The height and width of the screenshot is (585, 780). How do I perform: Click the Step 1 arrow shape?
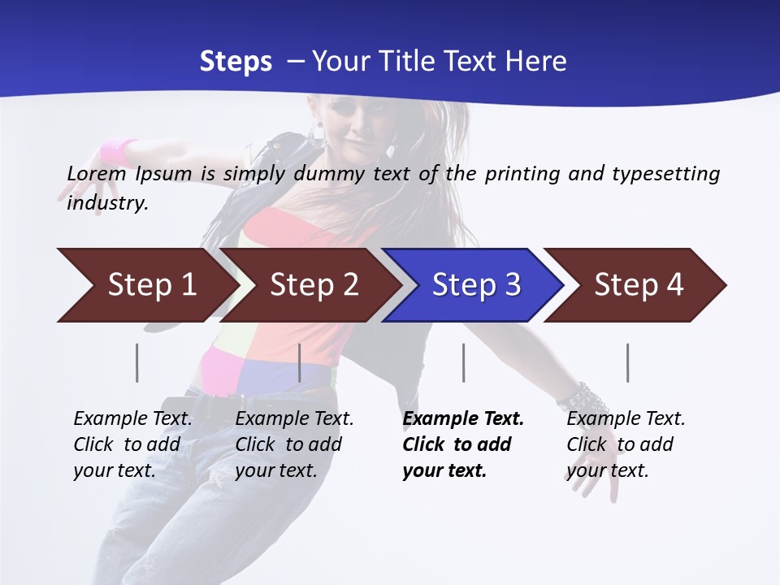[150, 285]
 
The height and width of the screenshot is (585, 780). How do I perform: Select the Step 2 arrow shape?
[313, 285]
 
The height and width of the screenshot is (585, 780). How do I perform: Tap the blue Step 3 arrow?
[475, 285]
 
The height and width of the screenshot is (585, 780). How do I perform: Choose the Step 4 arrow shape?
[638, 285]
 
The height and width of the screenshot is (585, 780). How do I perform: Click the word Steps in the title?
[236, 62]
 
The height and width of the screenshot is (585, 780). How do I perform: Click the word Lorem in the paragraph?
[96, 173]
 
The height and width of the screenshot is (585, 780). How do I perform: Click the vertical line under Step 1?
[137, 362]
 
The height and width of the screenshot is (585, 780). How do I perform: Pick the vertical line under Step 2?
[300, 362]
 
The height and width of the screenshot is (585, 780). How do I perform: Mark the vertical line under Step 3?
[463, 362]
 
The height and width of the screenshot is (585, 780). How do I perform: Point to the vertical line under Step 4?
[627, 362]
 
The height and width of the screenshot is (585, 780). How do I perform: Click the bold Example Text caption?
[463, 444]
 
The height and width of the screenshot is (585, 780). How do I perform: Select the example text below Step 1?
[132, 444]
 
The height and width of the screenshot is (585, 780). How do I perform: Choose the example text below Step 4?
[626, 444]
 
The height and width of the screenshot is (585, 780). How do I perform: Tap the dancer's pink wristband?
[119, 151]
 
